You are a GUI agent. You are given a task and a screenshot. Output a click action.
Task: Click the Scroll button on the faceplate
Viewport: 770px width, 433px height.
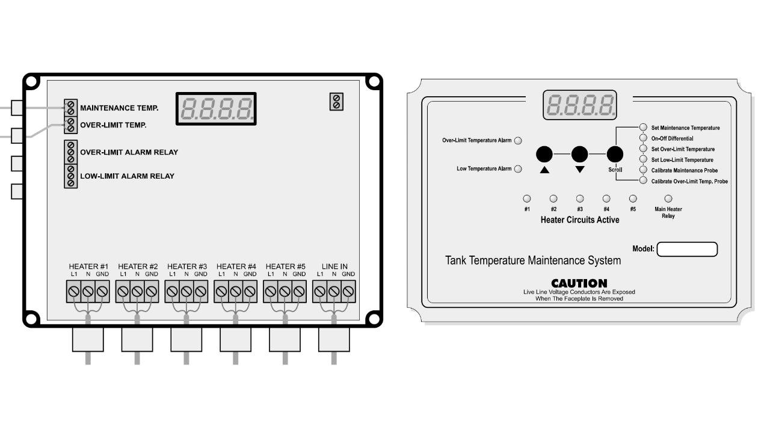(x=615, y=155)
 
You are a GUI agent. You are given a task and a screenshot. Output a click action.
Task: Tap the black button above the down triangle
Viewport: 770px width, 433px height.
(x=579, y=155)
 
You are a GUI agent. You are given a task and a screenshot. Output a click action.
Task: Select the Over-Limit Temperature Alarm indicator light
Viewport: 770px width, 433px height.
(x=518, y=141)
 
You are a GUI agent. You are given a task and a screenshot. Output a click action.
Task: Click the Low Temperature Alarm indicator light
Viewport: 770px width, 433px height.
(x=518, y=169)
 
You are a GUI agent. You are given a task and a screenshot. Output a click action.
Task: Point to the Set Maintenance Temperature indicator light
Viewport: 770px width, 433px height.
(x=643, y=127)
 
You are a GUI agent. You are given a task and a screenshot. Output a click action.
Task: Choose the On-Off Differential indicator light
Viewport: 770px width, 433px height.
(x=643, y=138)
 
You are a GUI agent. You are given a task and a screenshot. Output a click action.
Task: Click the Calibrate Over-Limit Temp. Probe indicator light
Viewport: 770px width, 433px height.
(x=643, y=180)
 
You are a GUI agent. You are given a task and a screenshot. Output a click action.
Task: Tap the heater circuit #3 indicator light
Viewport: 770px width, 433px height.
(x=580, y=198)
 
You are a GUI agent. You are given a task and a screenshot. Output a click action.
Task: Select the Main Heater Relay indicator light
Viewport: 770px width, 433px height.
(x=668, y=198)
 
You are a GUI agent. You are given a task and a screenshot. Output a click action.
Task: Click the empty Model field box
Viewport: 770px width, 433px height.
(x=687, y=249)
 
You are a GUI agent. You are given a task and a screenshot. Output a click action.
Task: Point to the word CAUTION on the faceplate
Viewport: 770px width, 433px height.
(x=579, y=283)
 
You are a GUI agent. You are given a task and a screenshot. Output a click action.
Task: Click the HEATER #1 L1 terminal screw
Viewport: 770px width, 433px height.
(x=74, y=292)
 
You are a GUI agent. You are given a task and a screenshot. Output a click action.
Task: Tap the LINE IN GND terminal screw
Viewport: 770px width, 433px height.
(x=348, y=292)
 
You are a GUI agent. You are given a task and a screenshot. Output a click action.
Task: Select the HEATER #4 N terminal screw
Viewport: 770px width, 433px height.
(x=235, y=292)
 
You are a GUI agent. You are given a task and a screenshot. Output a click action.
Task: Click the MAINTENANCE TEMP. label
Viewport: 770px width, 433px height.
(x=119, y=108)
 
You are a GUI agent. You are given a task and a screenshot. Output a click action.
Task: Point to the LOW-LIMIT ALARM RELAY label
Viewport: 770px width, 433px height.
(x=127, y=176)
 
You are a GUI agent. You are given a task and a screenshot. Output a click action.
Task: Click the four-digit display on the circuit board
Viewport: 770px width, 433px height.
(x=216, y=109)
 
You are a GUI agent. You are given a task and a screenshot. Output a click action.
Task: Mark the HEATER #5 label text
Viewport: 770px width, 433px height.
(x=285, y=266)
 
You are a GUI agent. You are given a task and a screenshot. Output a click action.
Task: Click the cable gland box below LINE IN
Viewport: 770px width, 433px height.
(x=334, y=340)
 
